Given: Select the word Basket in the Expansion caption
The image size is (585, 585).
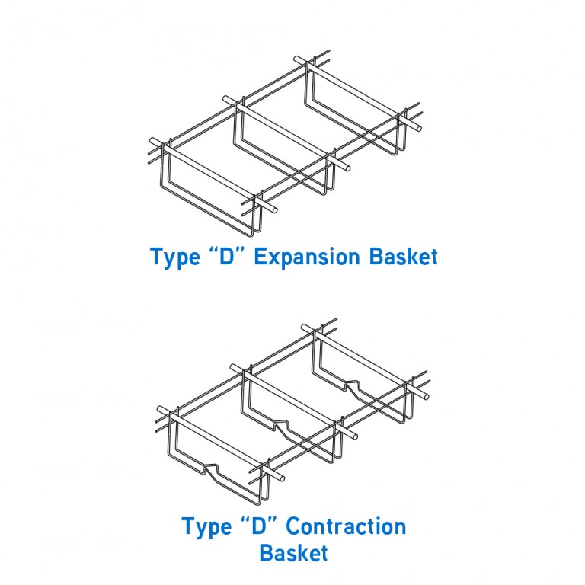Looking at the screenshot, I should [x=403, y=257].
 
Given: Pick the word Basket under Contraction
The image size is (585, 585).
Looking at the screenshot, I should [x=293, y=552].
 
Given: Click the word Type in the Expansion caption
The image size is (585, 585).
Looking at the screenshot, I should [x=174, y=257].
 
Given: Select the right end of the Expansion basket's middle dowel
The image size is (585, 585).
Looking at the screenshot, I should [x=347, y=167].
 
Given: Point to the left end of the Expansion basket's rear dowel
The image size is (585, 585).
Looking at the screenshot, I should [x=297, y=58].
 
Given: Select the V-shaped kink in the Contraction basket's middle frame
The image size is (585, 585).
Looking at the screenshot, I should [x=282, y=423].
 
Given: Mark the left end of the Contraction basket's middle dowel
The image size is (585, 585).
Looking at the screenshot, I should [x=235, y=368].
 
